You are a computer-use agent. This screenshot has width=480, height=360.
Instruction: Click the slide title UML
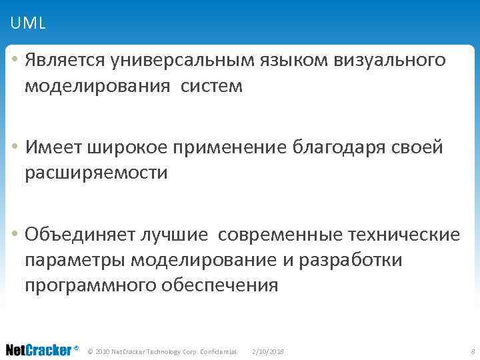click(28, 24)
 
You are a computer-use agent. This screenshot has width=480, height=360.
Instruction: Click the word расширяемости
click(96, 173)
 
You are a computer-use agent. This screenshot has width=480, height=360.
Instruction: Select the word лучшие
click(174, 235)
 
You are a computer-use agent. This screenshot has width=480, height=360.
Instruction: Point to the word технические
click(404, 235)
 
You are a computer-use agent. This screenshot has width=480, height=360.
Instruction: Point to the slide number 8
click(472, 351)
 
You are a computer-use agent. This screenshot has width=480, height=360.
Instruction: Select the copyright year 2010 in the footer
click(103, 351)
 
